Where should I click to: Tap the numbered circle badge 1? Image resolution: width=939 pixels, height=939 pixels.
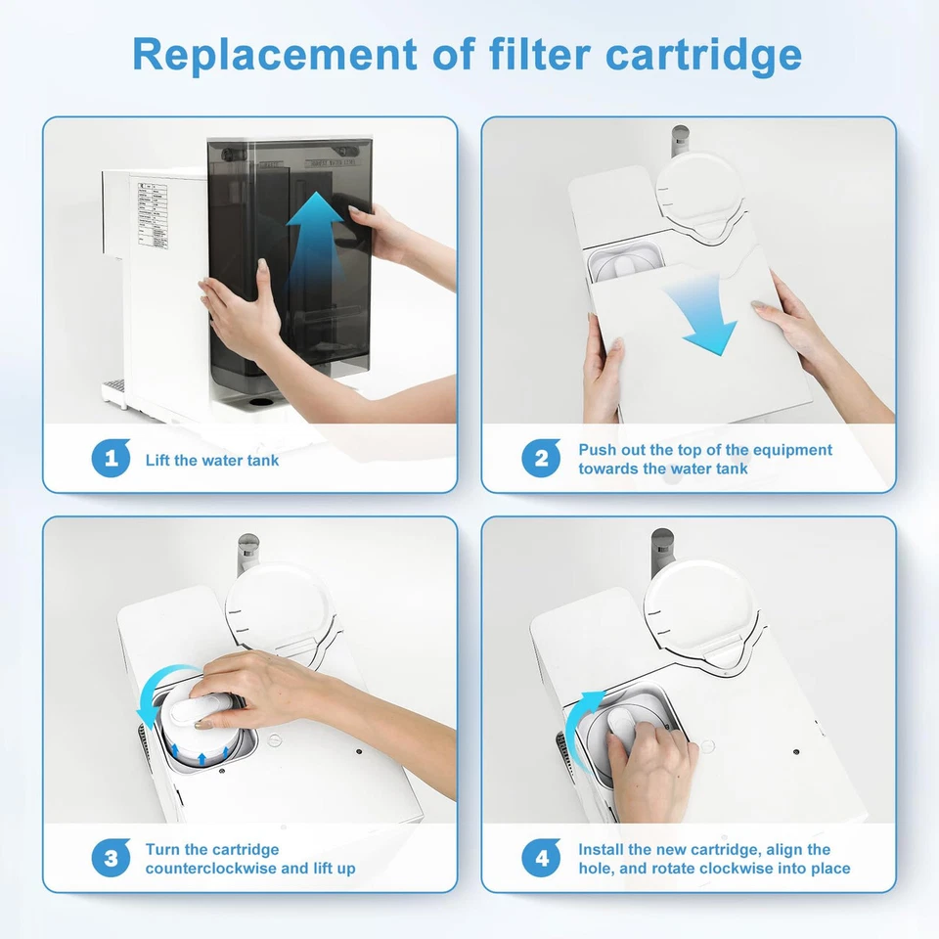point(111,459)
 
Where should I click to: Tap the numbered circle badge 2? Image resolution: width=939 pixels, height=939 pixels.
point(541,459)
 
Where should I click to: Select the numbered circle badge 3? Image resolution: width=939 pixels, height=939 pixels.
point(111,859)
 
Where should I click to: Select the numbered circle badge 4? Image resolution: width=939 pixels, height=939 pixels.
point(541,859)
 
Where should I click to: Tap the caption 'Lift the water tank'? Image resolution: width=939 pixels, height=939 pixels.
point(212,460)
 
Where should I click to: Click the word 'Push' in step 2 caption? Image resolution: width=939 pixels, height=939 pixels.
point(597,450)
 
